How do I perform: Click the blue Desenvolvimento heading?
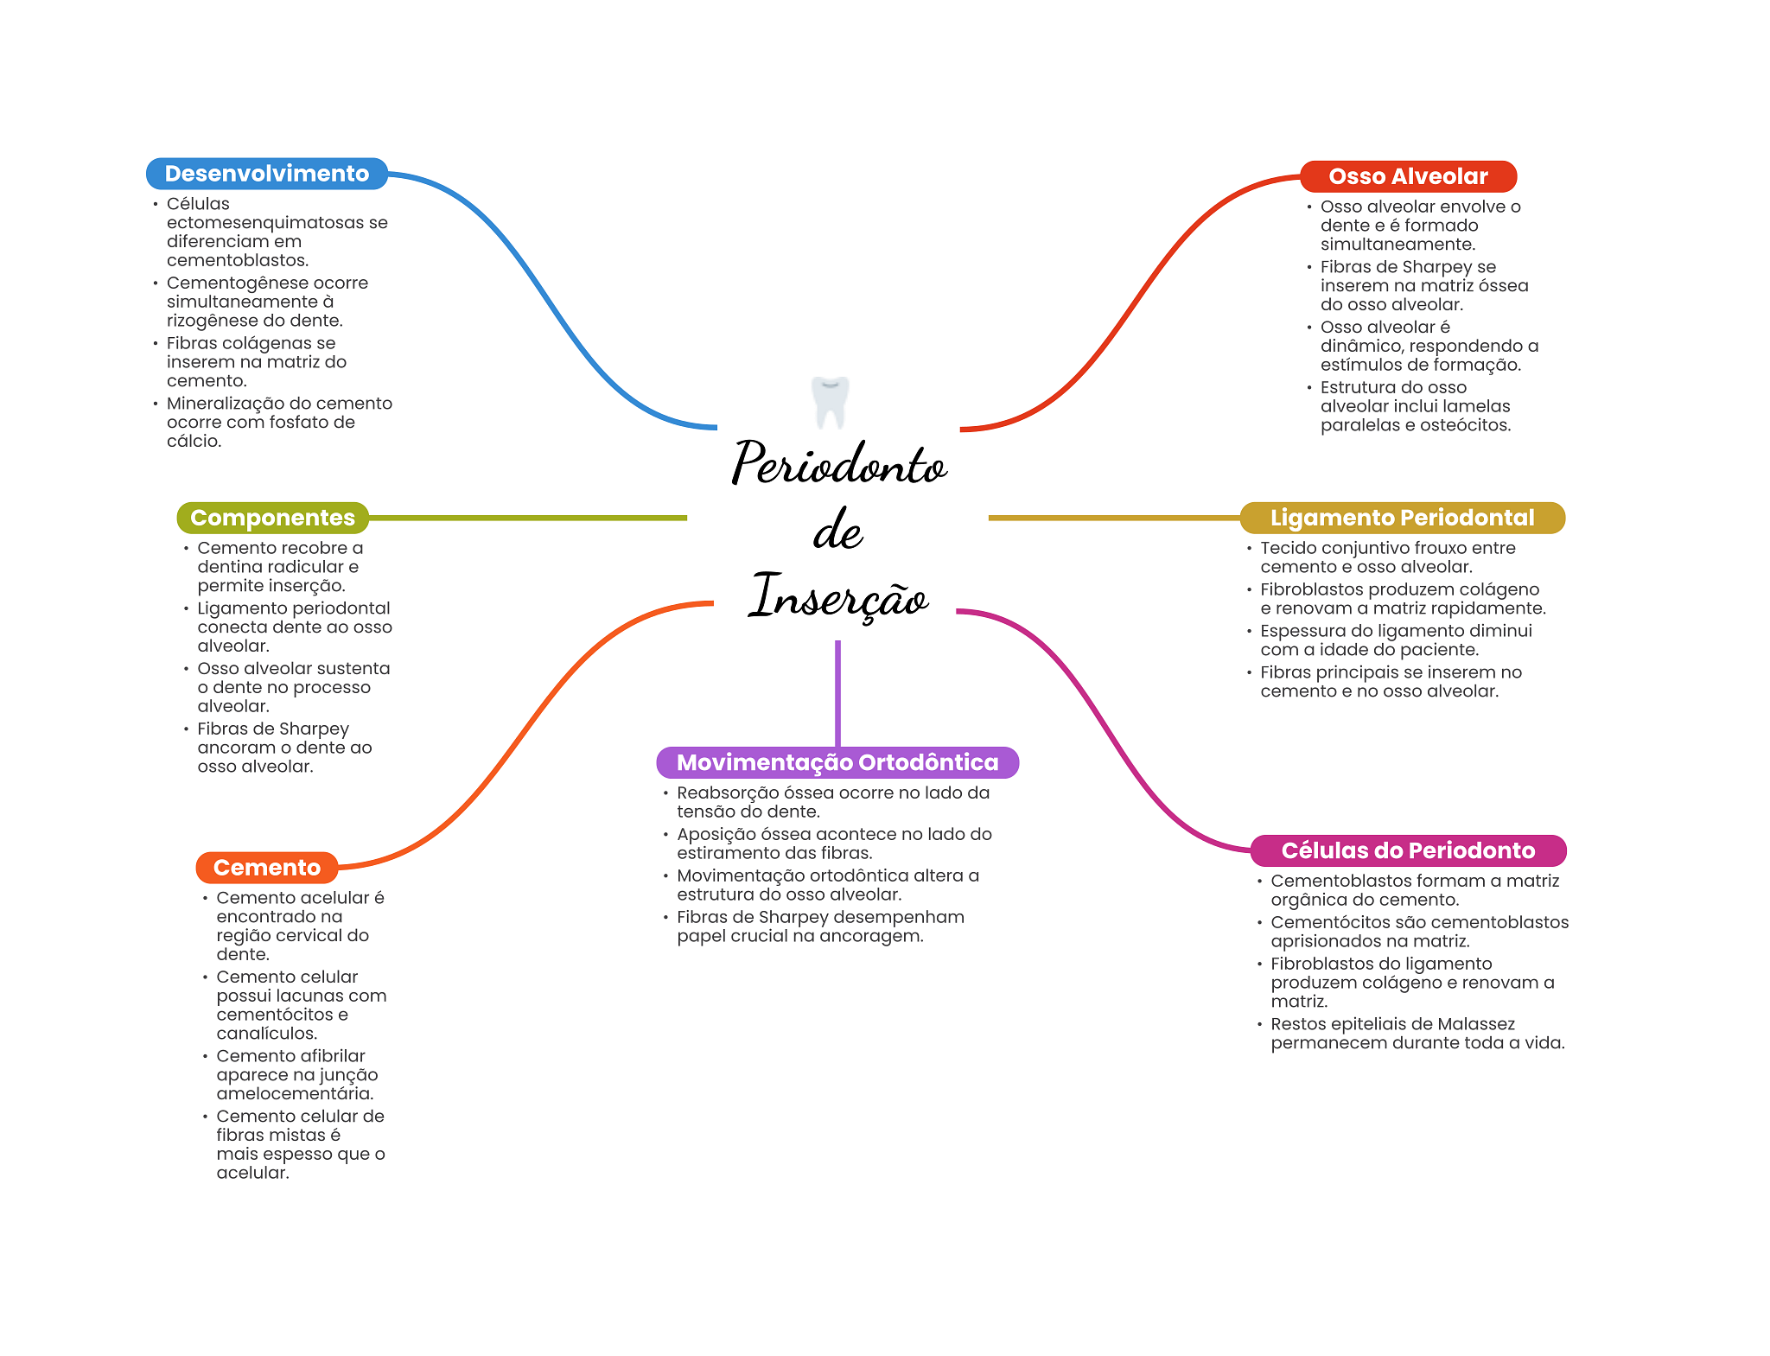[x=266, y=174]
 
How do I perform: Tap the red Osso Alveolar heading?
[x=1408, y=176]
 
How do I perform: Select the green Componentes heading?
[x=272, y=518]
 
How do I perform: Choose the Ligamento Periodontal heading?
[x=1402, y=518]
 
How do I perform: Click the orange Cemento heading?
[x=266, y=868]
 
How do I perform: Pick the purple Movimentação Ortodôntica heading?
[x=837, y=762]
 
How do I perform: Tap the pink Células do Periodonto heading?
[x=1408, y=850]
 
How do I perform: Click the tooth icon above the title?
[x=831, y=402]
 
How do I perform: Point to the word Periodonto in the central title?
[x=838, y=464]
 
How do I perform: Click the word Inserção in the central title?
[x=838, y=595]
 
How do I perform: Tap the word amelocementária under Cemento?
[x=295, y=1093]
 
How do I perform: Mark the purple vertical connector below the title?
[x=837, y=691]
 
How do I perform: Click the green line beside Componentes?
[x=527, y=518]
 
